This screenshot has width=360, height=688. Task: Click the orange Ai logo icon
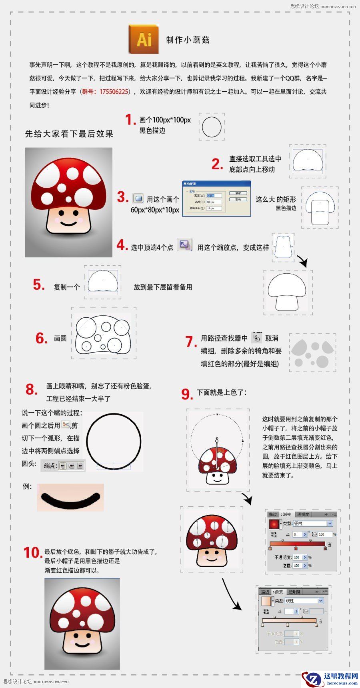tap(144, 39)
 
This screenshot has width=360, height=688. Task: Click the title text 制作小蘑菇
tap(188, 40)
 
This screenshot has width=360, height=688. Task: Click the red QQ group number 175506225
tap(114, 92)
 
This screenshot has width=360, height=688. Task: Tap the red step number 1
tap(130, 120)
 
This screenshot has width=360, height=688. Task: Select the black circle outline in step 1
tap(212, 127)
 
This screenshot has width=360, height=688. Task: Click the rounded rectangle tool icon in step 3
tap(138, 198)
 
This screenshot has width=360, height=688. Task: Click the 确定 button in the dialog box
tap(238, 193)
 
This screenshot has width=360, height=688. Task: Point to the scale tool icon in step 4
tap(185, 245)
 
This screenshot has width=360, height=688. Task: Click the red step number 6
tap(42, 338)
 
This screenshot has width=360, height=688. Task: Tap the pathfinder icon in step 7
tap(256, 338)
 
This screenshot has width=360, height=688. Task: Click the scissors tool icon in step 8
tap(66, 425)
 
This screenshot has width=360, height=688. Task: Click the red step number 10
tap(33, 553)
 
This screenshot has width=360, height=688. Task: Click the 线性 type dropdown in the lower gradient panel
tap(304, 600)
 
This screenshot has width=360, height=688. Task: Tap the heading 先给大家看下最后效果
tap(69, 134)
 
